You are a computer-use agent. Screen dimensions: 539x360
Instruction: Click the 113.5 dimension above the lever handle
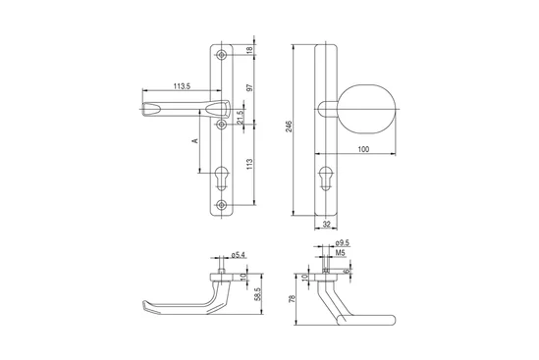click(x=182, y=86)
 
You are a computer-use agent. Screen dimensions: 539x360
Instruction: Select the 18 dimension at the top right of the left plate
click(x=250, y=49)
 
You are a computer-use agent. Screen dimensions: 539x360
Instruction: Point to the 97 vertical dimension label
click(x=250, y=87)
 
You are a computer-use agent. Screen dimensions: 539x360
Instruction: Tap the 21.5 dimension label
click(x=240, y=117)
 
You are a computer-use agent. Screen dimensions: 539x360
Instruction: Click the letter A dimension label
click(x=195, y=141)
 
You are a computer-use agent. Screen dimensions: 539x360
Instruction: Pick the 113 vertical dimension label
click(x=250, y=164)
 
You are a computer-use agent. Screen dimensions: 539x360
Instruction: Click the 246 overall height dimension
click(x=289, y=127)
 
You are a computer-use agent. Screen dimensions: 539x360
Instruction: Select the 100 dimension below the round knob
click(x=363, y=149)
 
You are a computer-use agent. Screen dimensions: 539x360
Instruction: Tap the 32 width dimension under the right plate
click(x=327, y=225)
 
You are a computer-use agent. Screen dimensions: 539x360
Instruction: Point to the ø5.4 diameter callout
click(x=239, y=255)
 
